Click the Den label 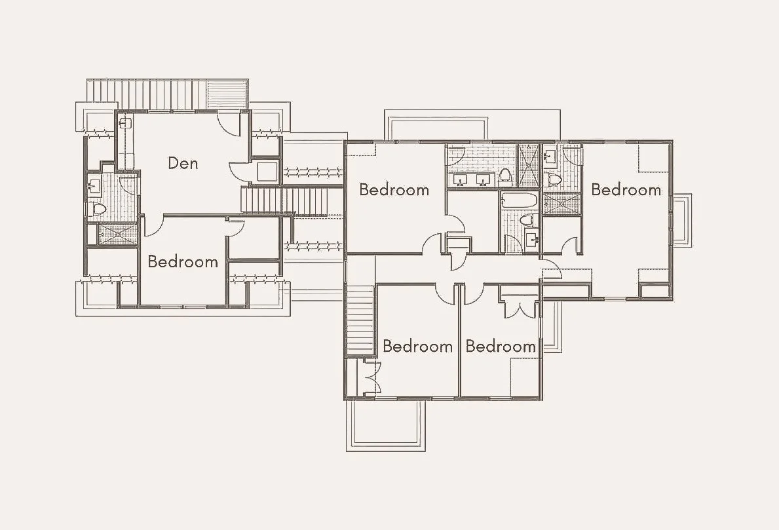[183, 163]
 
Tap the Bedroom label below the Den [182, 261]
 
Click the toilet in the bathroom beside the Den [99, 209]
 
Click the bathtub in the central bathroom [518, 200]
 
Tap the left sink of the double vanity [459, 180]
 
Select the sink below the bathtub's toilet [531, 240]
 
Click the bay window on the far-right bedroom [681, 220]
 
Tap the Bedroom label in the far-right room [626, 190]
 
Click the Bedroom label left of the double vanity [394, 190]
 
